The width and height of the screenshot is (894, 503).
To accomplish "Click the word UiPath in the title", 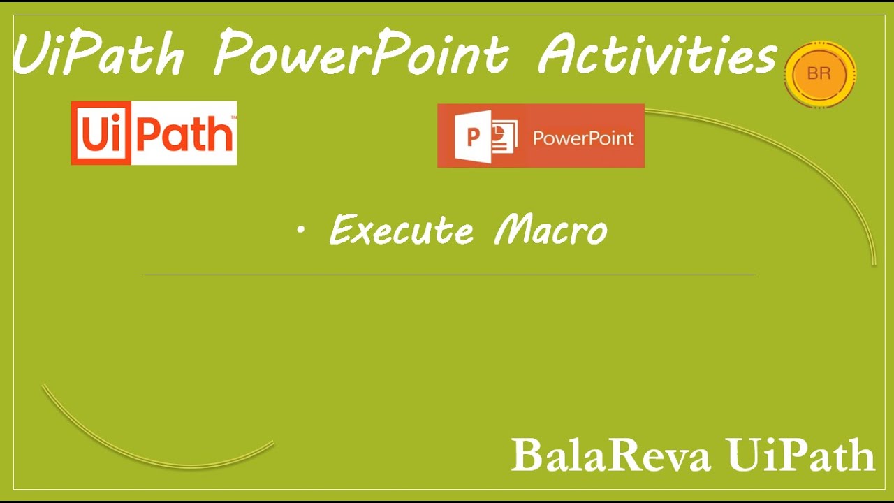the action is coord(98,53).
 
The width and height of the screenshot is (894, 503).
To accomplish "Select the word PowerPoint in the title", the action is coord(361,52).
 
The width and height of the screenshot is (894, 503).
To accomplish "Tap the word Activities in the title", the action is coord(657,54).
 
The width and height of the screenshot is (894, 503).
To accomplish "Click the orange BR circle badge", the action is coord(820,74).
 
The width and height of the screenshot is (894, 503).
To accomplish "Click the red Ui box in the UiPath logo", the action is coord(101,133).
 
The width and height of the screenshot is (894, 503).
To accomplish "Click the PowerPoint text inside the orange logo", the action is coord(583,138).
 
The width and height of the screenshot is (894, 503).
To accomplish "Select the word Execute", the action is coord(401,230).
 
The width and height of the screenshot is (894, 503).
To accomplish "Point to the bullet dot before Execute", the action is coord(301,230).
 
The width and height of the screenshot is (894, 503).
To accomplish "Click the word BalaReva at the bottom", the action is coord(610,455).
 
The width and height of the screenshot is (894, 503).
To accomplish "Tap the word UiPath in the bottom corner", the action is coord(800,454).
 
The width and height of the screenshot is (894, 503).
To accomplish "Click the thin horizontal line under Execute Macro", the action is coord(449,275).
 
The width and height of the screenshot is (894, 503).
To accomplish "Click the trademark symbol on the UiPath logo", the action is coord(234,117).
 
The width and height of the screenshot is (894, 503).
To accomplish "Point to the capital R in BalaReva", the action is coord(625,455).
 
